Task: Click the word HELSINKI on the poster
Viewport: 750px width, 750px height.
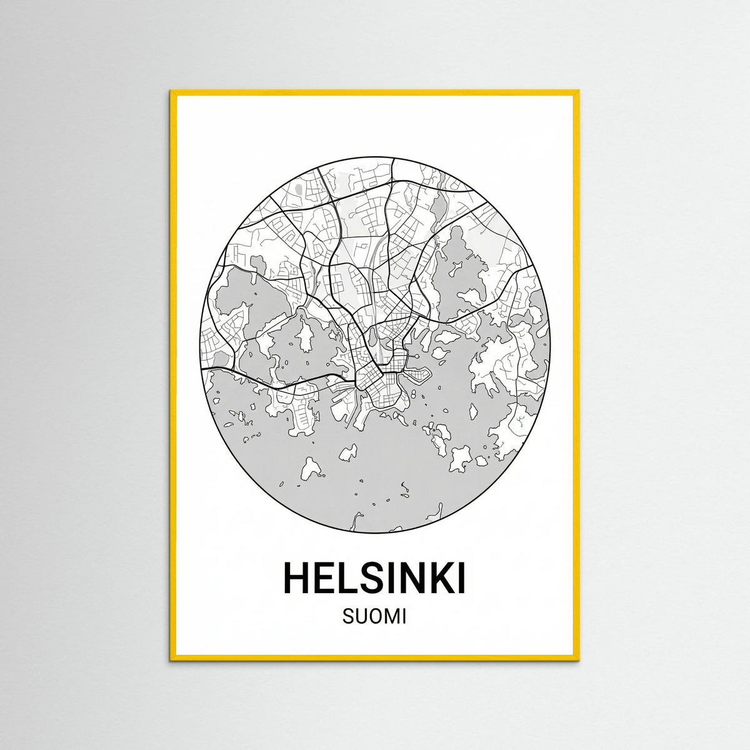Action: click(x=374, y=578)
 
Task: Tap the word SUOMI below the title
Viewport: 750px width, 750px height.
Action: click(x=374, y=617)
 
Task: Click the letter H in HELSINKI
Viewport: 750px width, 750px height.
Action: click(x=297, y=578)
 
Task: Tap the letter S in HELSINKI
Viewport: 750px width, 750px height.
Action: click(x=374, y=578)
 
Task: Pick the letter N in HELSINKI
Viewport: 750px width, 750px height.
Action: click(x=415, y=578)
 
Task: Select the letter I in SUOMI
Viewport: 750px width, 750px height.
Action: click(x=403, y=617)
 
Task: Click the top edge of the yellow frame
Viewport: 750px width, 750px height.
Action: click(x=375, y=93)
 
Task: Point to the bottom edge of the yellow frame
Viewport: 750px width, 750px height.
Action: click(x=375, y=658)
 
